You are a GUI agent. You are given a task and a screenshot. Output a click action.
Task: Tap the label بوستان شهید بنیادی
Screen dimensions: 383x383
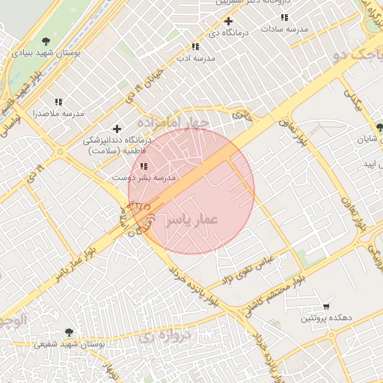point(47,54)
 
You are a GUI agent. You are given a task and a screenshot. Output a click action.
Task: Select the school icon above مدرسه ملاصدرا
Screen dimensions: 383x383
point(58,102)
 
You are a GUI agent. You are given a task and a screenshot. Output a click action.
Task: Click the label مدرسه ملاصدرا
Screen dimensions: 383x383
point(58,114)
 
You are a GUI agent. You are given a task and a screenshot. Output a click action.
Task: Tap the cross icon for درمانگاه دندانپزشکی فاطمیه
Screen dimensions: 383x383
point(116,129)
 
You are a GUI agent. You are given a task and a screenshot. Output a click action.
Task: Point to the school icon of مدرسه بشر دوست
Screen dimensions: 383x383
point(143,166)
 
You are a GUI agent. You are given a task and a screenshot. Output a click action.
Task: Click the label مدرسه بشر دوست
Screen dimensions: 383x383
point(144,179)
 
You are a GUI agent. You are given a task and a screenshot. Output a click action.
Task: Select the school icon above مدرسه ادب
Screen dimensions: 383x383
point(195,46)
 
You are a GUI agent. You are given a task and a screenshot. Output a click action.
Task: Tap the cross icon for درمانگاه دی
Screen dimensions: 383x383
point(228,21)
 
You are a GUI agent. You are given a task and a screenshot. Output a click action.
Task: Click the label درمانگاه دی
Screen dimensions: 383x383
point(228,34)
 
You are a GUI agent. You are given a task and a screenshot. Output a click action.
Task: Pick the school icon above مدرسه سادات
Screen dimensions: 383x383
point(284,17)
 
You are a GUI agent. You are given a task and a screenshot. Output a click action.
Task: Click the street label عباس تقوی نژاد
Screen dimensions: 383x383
point(248,271)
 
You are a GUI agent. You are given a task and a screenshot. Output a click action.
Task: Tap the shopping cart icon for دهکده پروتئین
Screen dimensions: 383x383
point(325,307)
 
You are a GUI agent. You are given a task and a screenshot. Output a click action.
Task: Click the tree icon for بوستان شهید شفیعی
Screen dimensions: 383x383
point(70,332)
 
